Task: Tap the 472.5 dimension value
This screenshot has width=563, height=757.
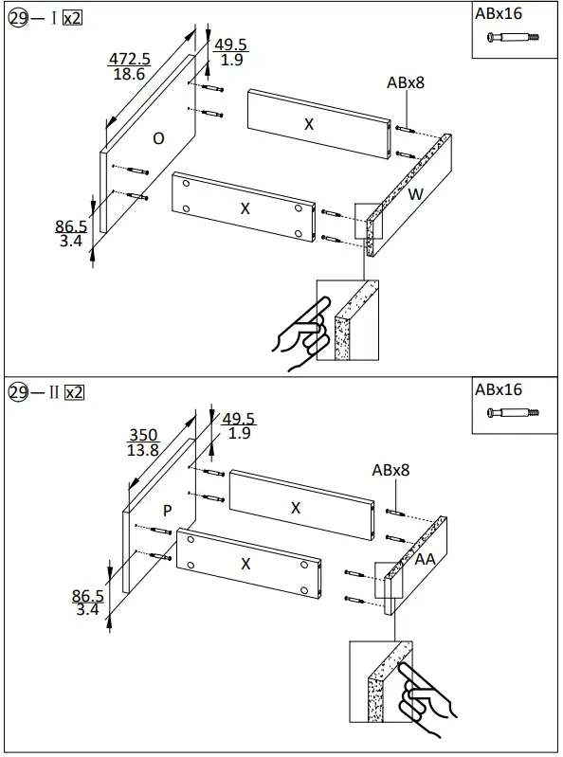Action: pos(129,59)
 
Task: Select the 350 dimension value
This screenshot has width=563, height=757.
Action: pos(143,436)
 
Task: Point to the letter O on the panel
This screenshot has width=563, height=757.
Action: pos(158,138)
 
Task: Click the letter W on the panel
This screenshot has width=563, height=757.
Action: pos(415,195)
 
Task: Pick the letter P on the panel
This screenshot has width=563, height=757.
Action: pos(167,510)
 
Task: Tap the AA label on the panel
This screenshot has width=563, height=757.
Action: pos(426,560)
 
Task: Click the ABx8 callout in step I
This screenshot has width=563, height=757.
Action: pos(405,82)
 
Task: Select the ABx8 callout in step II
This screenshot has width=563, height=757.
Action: pos(391,470)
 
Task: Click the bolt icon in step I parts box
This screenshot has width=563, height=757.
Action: pos(513,37)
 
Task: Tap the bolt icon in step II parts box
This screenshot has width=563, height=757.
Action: pos(513,412)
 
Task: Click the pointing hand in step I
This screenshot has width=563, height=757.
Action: pos(300,334)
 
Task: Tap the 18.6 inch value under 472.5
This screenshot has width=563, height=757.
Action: pos(128,74)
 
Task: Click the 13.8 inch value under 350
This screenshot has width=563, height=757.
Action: pos(143,451)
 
